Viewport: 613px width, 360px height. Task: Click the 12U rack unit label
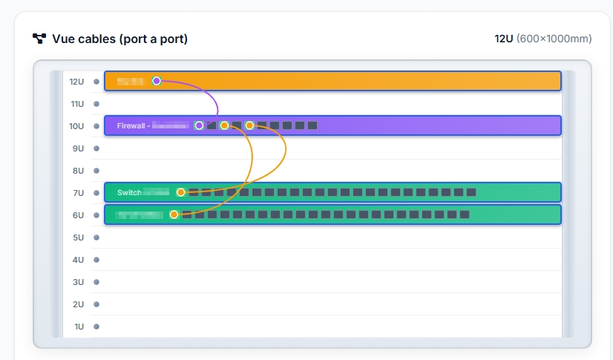click(76, 82)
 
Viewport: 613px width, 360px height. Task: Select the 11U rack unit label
click(76, 104)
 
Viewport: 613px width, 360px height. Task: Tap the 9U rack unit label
click(77, 148)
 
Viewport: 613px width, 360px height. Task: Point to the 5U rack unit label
click(77, 238)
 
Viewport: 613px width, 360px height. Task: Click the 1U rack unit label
click(77, 327)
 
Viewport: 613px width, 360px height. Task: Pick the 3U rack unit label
click(77, 282)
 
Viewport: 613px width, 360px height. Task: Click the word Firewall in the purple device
click(131, 126)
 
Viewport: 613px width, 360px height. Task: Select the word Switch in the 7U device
click(129, 193)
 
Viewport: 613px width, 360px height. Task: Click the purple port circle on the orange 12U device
click(157, 81)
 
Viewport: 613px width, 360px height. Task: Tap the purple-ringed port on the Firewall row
click(199, 125)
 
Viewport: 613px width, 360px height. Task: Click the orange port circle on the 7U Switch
click(180, 192)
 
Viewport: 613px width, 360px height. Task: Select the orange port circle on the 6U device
click(174, 215)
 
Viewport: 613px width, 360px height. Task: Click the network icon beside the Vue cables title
click(39, 39)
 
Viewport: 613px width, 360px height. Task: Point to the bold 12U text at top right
click(504, 39)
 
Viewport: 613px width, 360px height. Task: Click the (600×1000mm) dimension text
click(554, 39)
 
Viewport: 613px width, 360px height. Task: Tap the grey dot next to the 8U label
click(96, 171)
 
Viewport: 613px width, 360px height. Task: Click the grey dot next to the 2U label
click(96, 304)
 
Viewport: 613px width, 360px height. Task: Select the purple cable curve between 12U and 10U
click(212, 94)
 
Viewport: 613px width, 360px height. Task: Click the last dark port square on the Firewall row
click(312, 125)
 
